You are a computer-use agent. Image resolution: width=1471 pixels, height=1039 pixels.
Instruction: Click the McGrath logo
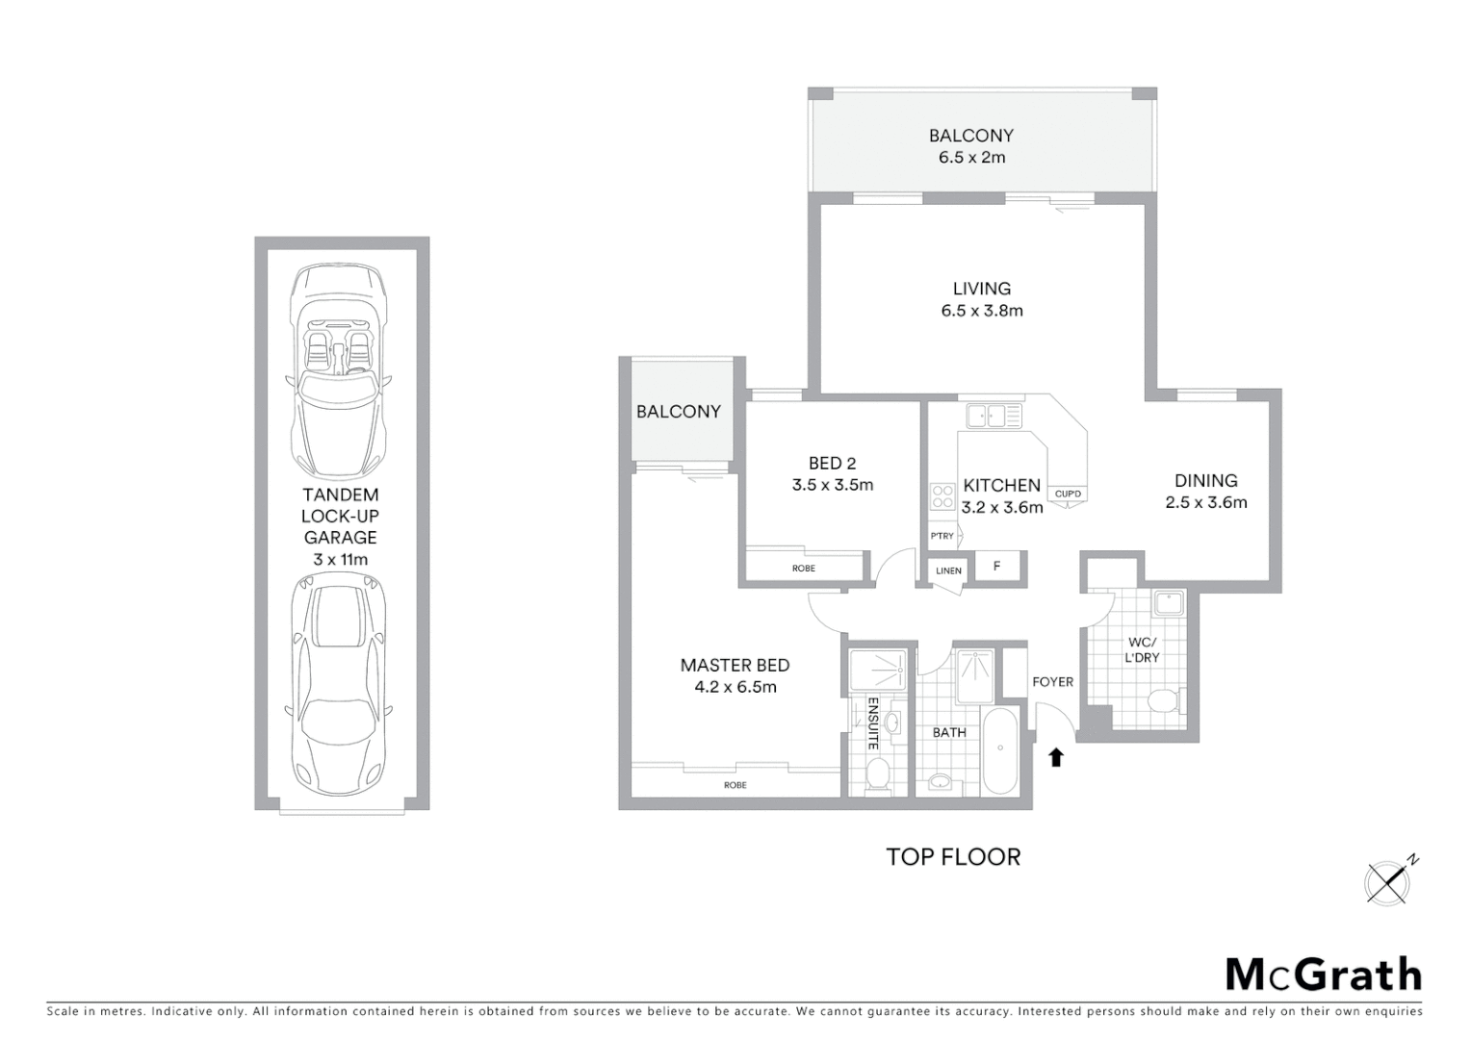(1324, 975)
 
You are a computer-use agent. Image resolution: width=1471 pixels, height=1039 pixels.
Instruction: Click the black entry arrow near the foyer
(1056, 757)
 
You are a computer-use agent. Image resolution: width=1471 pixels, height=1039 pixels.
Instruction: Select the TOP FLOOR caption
(953, 856)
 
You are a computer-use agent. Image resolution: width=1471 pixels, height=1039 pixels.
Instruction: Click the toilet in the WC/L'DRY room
(1166, 699)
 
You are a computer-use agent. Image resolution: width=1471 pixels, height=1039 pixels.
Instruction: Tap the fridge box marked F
(996, 567)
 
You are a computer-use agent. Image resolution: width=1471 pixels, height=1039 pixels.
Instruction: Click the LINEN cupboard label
(948, 570)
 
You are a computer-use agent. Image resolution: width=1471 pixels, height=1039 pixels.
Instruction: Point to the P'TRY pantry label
(942, 536)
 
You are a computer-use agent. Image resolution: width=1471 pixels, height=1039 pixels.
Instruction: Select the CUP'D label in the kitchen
(1068, 494)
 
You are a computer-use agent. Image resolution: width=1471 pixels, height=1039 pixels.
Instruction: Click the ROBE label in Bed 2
(804, 569)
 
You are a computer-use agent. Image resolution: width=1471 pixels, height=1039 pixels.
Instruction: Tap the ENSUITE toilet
(878, 773)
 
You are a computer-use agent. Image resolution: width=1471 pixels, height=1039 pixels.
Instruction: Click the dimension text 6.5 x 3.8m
(982, 310)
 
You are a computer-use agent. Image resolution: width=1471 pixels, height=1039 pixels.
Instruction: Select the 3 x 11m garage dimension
(340, 559)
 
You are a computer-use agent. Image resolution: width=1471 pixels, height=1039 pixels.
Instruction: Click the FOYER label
(1052, 681)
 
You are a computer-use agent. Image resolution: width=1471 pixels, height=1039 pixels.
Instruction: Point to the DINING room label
(1205, 480)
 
